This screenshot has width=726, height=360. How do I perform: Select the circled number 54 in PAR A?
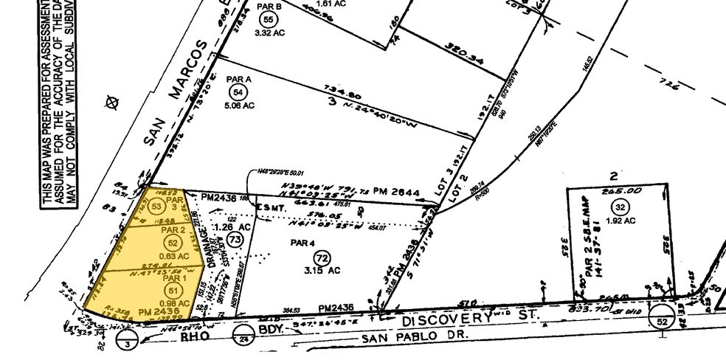click(x=238, y=92)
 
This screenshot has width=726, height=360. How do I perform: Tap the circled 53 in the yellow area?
click(x=155, y=207)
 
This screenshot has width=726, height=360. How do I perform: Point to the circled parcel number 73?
click(x=235, y=240)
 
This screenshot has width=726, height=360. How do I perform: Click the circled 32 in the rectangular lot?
click(x=619, y=207)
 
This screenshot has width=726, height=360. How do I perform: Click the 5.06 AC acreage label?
click(x=238, y=105)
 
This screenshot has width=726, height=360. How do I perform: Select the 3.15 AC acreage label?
click(x=322, y=271)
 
